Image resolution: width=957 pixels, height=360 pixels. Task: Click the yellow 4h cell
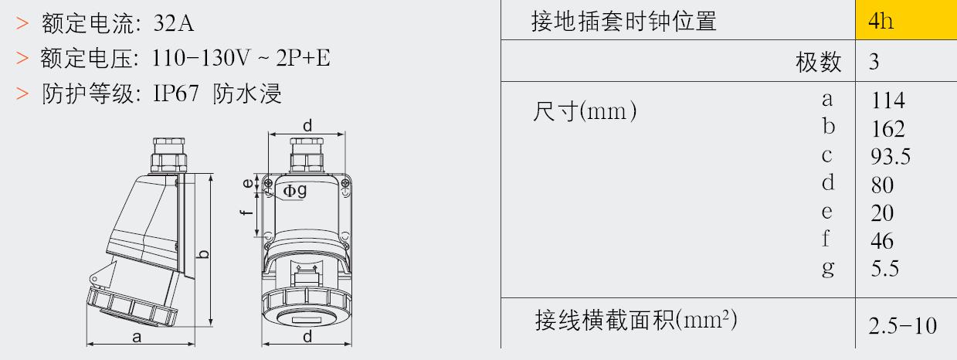pyautogui.click(x=906, y=19)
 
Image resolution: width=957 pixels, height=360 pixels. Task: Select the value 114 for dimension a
pyautogui.click(x=887, y=100)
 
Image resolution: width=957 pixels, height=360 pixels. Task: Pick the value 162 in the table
pyautogui.click(x=887, y=129)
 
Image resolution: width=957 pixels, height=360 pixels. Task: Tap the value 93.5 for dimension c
pyautogui.click(x=891, y=157)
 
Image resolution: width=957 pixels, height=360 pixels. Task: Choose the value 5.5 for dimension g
pyautogui.click(x=885, y=269)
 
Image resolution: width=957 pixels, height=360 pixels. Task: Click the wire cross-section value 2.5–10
pyautogui.click(x=902, y=326)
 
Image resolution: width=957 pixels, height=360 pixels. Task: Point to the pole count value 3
pyautogui.click(x=874, y=62)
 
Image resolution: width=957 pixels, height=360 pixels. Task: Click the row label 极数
pyautogui.click(x=818, y=62)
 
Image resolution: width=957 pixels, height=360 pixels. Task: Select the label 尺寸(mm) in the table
pyautogui.click(x=585, y=111)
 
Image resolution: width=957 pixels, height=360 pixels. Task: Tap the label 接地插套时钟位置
pyautogui.click(x=624, y=22)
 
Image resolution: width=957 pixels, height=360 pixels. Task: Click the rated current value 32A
pyautogui.click(x=174, y=23)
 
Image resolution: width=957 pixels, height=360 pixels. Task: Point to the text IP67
pyautogui.click(x=175, y=93)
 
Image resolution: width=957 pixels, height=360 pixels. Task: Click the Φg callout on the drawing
pyautogui.click(x=295, y=190)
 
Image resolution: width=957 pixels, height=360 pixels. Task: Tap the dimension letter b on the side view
pyautogui.click(x=204, y=254)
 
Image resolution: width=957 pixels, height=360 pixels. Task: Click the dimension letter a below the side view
pyautogui.click(x=137, y=337)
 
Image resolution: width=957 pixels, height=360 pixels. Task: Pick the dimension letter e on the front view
pyautogui.click(x=248, y=183)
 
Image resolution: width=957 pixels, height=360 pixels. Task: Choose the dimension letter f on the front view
pyautogui.click(x=246, y=212)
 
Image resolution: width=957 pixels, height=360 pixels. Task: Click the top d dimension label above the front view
pyautogui.click(x=307, y=126)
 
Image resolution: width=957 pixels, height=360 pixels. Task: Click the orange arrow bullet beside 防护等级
pyautogui.click(x=22, y=93)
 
